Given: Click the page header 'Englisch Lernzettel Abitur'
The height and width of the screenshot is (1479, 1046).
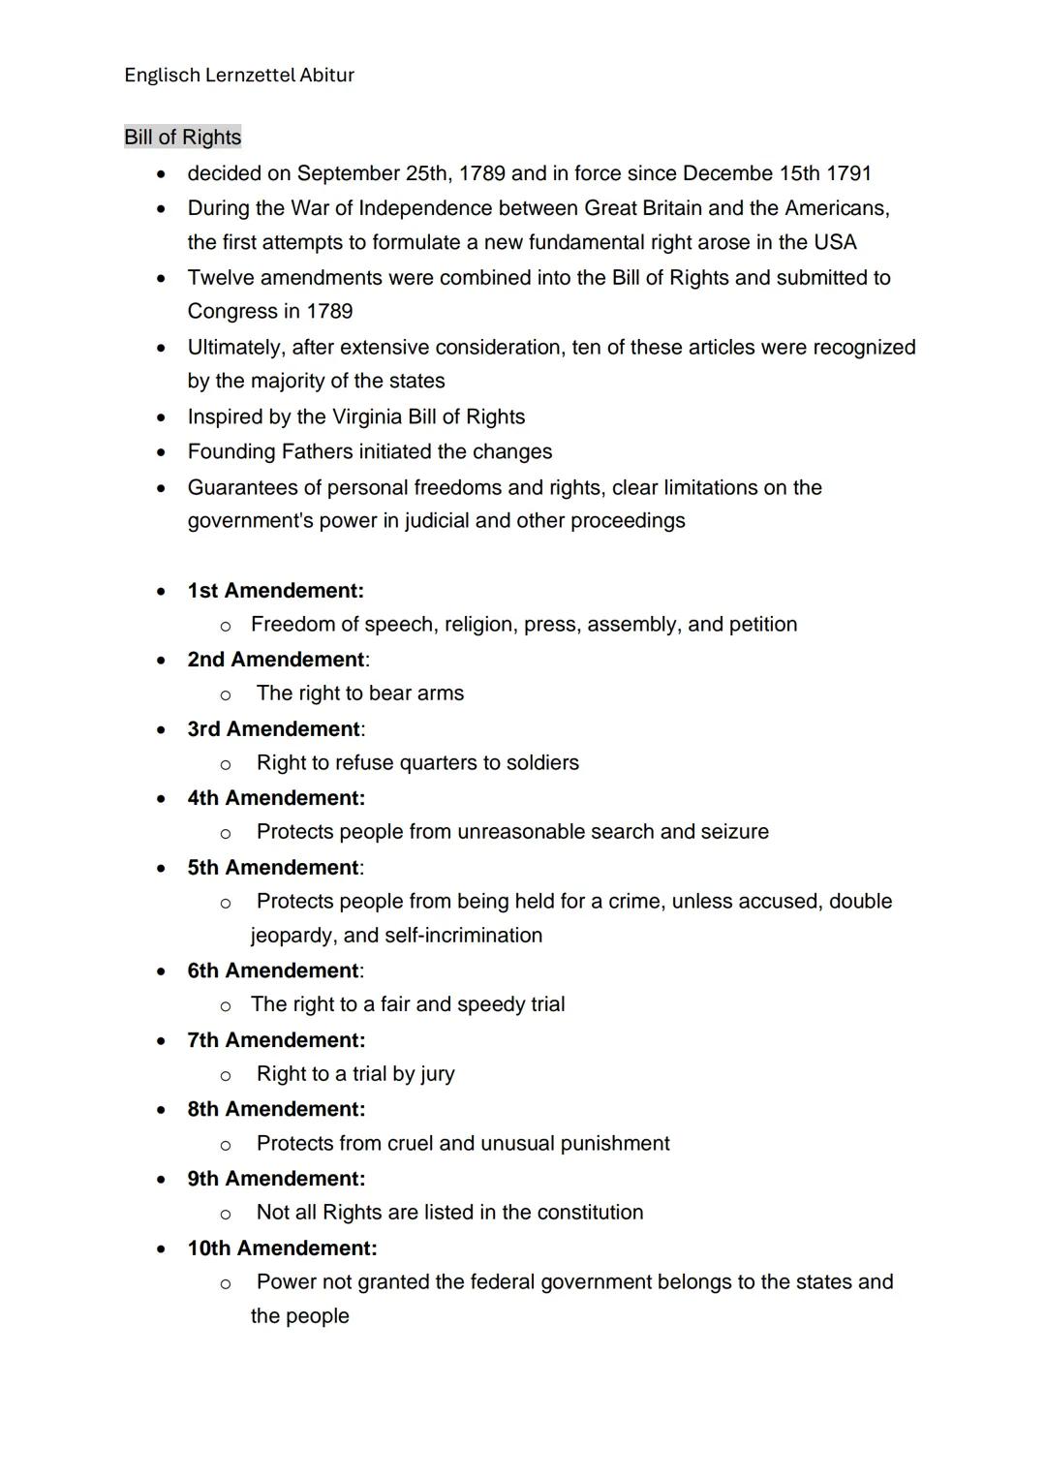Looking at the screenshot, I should point(239,75).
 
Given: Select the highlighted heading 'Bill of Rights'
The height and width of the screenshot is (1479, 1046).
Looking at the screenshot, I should point(182,137).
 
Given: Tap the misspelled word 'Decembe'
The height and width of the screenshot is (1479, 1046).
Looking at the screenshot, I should point(727,173).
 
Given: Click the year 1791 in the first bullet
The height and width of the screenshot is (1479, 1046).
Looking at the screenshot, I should point(848,173).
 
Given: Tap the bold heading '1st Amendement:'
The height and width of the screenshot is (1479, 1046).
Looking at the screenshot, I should point(275,591).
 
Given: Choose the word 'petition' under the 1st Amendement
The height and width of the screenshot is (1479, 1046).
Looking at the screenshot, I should point(762,625).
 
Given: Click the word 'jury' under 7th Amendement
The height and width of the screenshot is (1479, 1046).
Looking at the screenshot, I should point(438,1074).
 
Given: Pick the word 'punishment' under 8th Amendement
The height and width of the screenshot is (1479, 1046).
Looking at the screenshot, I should point(615,1144).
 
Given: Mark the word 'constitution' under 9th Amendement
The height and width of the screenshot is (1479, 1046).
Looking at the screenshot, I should point(590,1213).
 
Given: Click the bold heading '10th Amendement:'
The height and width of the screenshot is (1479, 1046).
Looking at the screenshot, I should point(282,1248).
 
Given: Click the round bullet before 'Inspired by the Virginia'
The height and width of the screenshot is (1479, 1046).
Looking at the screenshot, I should point(161,417).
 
